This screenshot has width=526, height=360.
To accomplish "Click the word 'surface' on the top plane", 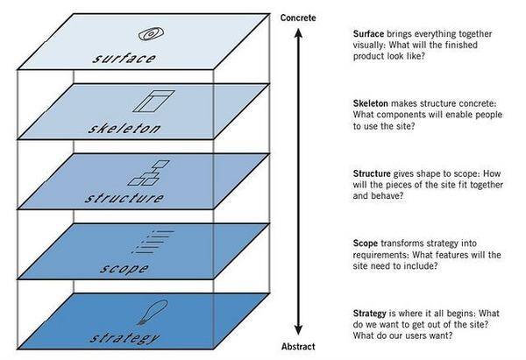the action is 124,59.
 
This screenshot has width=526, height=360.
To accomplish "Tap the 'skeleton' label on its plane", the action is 124,129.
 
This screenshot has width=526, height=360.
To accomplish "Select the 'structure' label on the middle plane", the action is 124,198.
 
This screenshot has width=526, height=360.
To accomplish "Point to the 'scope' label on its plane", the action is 124,268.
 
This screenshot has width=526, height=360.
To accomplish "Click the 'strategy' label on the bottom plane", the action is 124,337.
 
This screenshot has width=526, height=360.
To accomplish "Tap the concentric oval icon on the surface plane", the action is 152,34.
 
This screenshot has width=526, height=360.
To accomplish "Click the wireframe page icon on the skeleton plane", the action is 153,101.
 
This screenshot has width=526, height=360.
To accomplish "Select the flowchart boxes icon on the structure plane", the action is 149,173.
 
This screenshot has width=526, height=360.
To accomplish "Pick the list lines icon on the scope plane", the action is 153,242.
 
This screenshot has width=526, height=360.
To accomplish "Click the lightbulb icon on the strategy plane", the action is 153,312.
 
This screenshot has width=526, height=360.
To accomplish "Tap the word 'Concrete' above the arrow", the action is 298,18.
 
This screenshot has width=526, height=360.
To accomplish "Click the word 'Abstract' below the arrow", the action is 298,347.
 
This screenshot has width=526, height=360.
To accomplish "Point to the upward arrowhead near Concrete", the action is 298,32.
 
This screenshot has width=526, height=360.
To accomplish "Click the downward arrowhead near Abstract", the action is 298,330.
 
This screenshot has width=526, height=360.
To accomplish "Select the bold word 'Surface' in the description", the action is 368,34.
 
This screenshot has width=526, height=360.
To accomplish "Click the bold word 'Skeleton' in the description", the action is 370,103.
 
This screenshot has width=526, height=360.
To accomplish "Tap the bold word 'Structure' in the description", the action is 372,173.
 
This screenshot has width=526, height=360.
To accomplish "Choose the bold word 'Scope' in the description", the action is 366,244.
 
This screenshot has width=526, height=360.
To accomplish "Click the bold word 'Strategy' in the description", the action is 370,314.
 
